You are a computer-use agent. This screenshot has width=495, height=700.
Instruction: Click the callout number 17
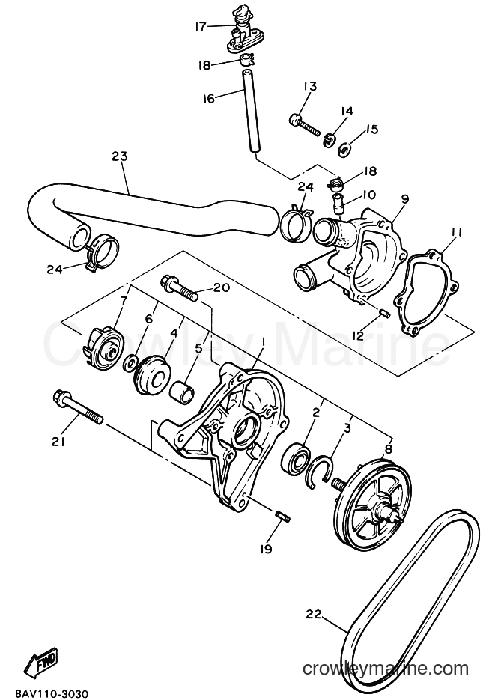point(201,27)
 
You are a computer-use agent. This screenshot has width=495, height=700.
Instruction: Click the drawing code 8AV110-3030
point(46,693)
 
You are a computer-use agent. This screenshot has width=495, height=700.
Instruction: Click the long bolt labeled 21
point(78,407)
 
